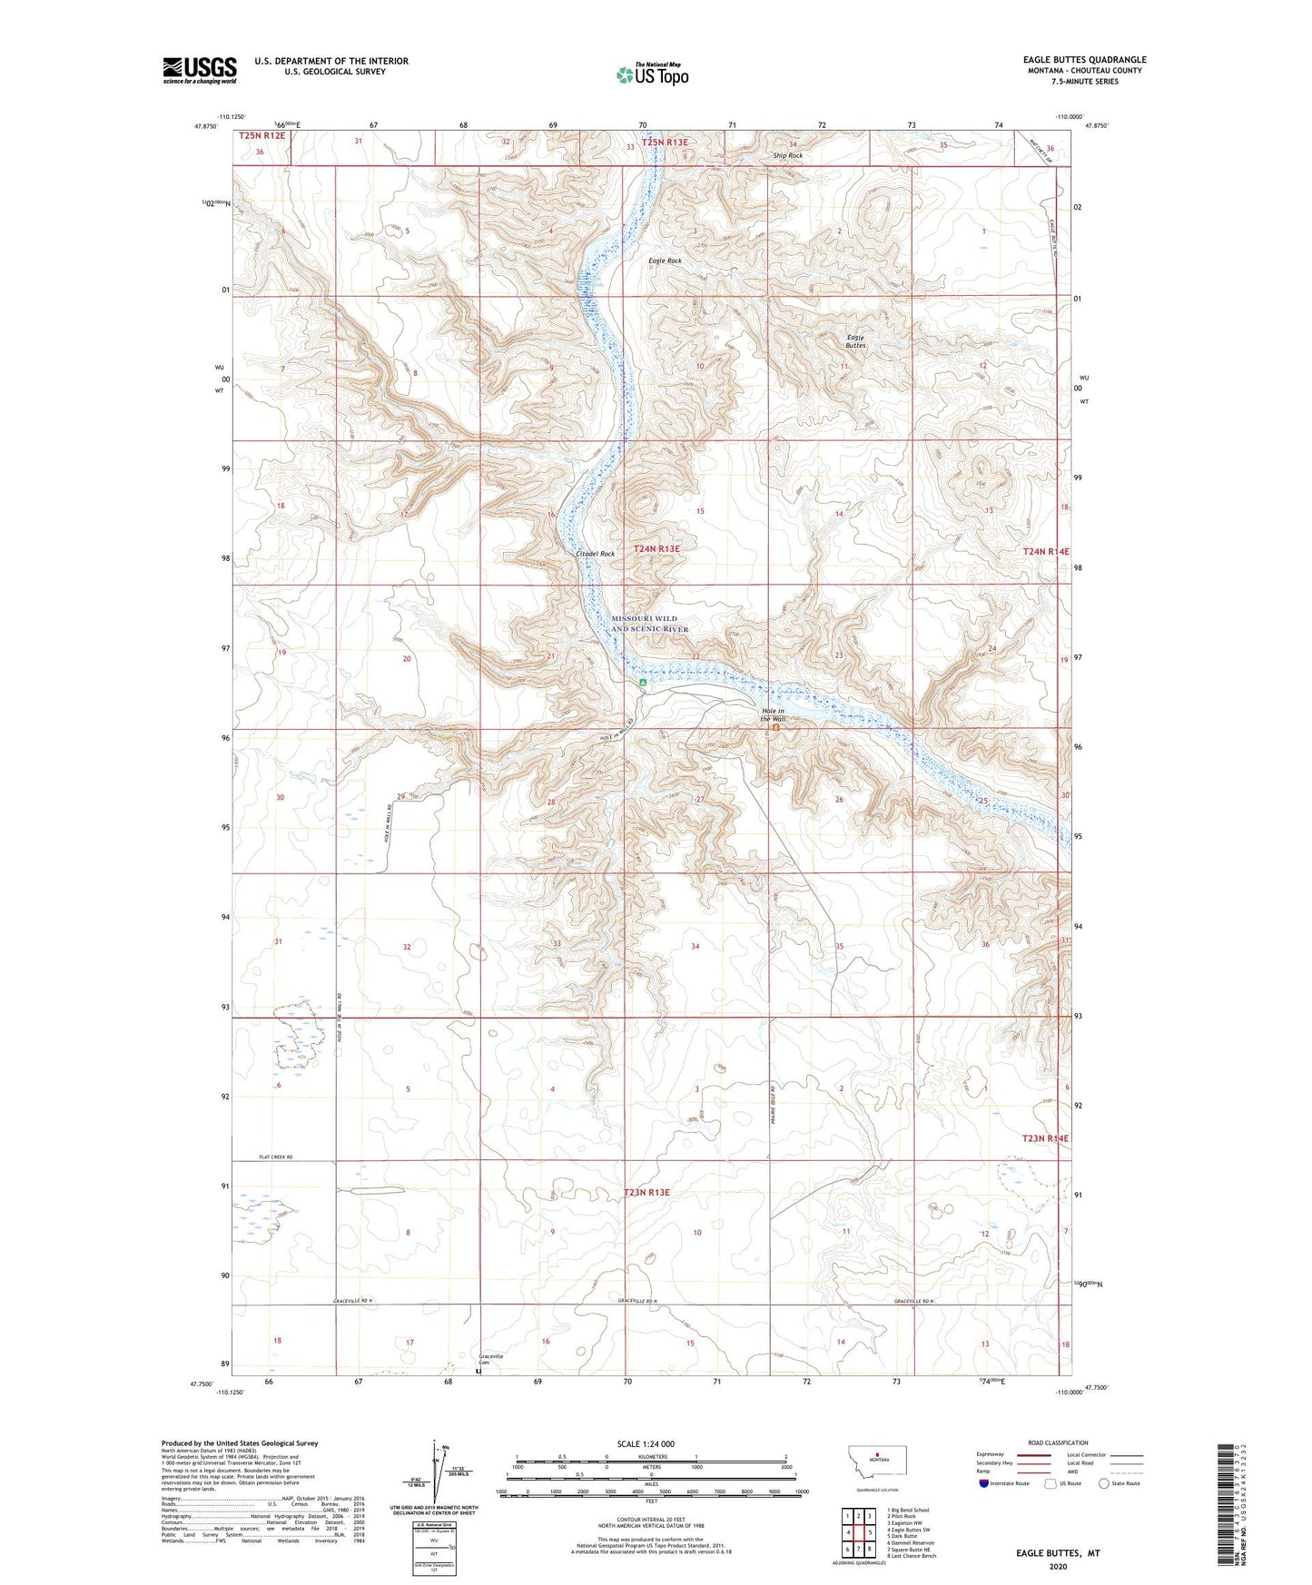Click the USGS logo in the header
(199, 70)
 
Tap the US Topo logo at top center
(652, 74)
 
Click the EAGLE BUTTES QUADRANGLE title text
(1084, 60)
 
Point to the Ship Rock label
(787, 155)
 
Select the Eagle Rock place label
(665, 261)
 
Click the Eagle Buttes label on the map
(855, 341)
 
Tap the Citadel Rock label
(595, 553)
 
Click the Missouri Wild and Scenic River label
(649, 624)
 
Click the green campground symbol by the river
(642, 682)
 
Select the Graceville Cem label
(490, 1359)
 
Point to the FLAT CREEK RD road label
(278, 1157)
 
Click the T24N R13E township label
(656, 549)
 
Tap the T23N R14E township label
(1045, 1138)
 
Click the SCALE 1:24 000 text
(646, 1443)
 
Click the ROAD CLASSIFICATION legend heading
(1058, 1442)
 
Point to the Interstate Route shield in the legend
(984, 1483)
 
